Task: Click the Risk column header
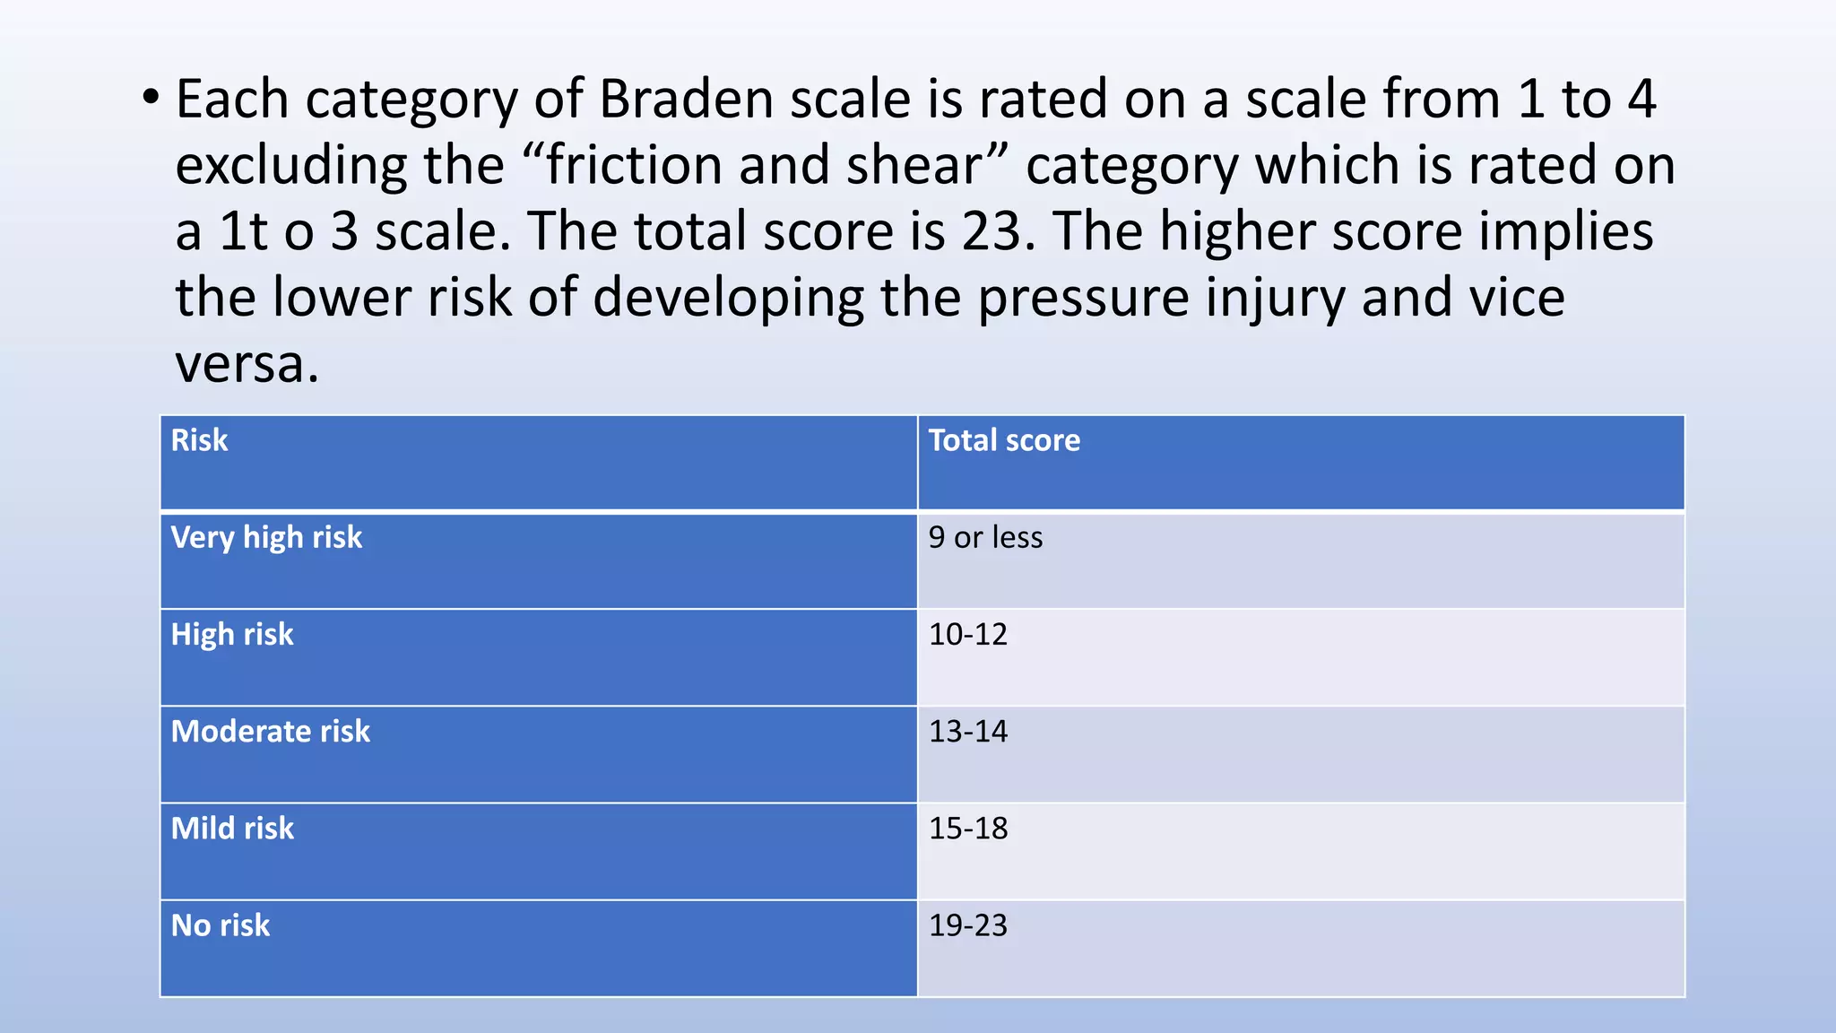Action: click(x=199, y=440)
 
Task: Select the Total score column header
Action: click(x=1004, y=440)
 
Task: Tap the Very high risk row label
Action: click(x=266, y=537)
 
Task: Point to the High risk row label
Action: click(x=232, y=634)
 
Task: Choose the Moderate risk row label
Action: click(x=270, y=731)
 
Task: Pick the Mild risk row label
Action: click(x=232, y=828)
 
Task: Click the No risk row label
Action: click(x=221, y=924)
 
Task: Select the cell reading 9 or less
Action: click(x=985, y=537)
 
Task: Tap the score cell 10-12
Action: click(x=968, y=634)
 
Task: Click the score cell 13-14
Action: click(x=968, y=731)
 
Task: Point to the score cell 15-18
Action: click(x=968, y=828)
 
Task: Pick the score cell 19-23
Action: click(x=968, y=924)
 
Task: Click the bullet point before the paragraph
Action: click(x=151, y=98)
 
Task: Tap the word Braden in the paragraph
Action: click(x=686, y=99)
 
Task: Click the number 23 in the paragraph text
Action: click(x=992, y=231)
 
